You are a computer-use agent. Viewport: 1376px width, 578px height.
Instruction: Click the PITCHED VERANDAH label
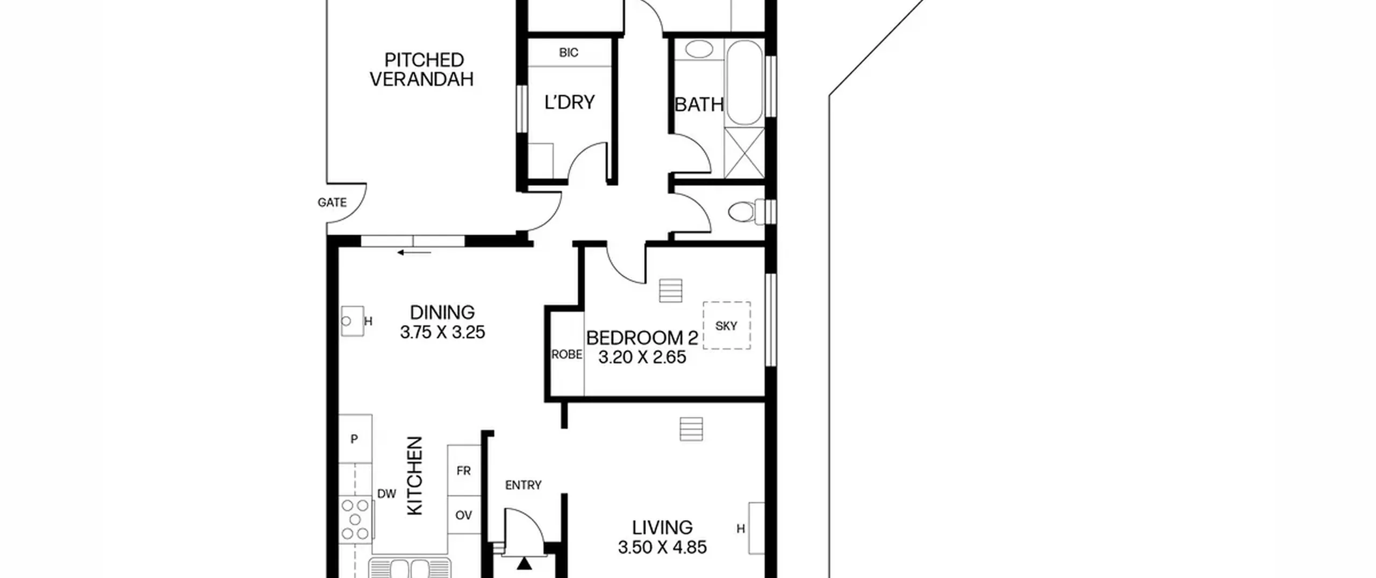[x=422, y=69]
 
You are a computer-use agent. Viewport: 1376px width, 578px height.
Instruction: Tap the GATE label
[x=332, y=203]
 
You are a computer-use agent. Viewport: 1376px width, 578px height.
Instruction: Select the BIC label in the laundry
[x=569, y=53]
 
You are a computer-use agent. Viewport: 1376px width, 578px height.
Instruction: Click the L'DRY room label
[x=569, y=102]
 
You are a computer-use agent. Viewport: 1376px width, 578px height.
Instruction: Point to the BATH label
[x=699, y=104]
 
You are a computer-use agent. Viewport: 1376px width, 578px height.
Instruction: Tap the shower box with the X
[x=744, y=153]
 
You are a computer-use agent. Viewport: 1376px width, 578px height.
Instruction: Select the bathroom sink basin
[x=699, y=50]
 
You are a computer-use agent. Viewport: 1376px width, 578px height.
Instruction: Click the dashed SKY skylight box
[x=727, y=325]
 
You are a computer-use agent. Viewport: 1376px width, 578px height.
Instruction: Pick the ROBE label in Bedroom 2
[x=567, y=355]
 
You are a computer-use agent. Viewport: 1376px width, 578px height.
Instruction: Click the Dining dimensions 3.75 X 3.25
[x=442, y=332]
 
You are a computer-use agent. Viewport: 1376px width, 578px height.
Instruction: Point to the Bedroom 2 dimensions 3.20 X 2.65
[x=642, y=358]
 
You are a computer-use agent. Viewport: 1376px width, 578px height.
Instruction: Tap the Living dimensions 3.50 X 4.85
[x=662, y=547]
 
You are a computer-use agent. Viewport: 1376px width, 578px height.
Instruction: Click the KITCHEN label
[x=415, y=476]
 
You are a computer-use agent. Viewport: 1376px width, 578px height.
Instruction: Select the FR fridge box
[x=464, y=470]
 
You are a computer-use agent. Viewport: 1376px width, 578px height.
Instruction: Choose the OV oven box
[x=464, y=515]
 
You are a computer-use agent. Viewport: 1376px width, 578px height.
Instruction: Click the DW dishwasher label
[x=386, y=494]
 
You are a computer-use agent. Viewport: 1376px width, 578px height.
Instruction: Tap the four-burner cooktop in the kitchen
[x=356, y=519]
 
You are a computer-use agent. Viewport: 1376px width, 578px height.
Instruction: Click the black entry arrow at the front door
[x=524, y=563]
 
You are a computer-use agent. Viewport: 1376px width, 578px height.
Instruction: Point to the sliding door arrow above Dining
[x=414, y=252]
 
